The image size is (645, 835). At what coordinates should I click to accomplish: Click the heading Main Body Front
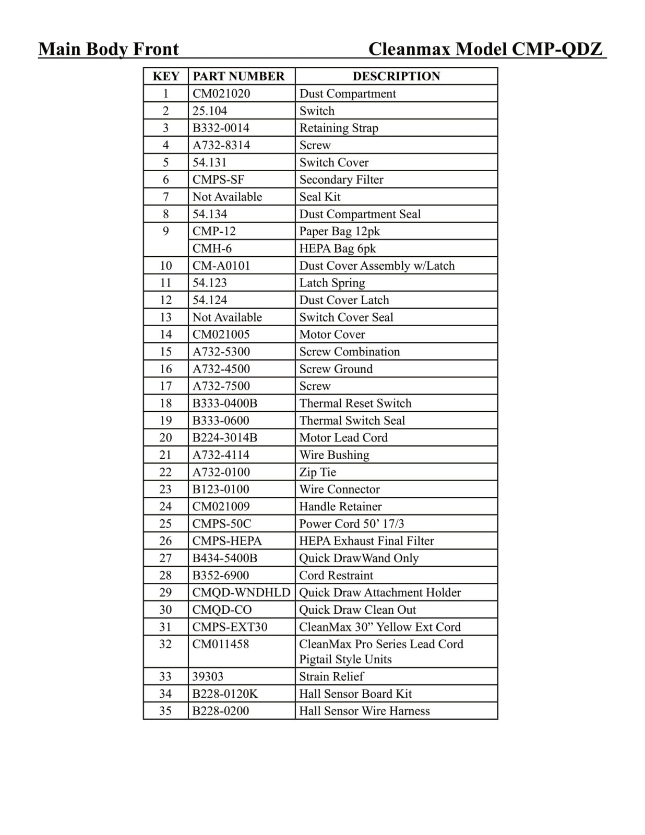point(109,49)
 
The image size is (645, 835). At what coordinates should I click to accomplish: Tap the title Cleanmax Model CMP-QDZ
point(485,49)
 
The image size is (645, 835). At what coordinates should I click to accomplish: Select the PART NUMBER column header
point(238,76)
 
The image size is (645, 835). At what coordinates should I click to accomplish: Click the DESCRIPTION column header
point(396,76)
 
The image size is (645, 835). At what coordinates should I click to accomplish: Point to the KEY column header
point(166,76)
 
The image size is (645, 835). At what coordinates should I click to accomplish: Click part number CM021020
point(221,93)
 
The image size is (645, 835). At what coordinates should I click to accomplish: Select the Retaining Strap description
point(339,128)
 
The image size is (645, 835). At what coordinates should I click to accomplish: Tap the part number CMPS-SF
point(218,180)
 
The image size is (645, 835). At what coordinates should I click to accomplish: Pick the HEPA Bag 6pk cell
point(337,248)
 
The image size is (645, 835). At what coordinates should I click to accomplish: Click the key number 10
point(166,266)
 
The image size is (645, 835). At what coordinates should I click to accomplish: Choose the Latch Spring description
point(332,283)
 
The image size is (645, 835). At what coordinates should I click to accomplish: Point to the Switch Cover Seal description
point(346,317)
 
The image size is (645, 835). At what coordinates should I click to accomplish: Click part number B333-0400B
point(225,403)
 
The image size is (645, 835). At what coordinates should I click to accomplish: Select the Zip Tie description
point(317,472)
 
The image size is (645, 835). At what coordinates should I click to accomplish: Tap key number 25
point(165,523)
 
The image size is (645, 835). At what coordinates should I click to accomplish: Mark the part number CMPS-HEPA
point(227,541)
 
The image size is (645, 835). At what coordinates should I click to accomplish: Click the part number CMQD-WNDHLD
point(241,592)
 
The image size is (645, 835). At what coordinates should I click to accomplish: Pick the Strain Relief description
point(331,676)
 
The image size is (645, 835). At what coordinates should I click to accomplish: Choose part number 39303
point(208,676)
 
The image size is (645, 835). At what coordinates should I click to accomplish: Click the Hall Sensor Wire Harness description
point(364,711)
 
